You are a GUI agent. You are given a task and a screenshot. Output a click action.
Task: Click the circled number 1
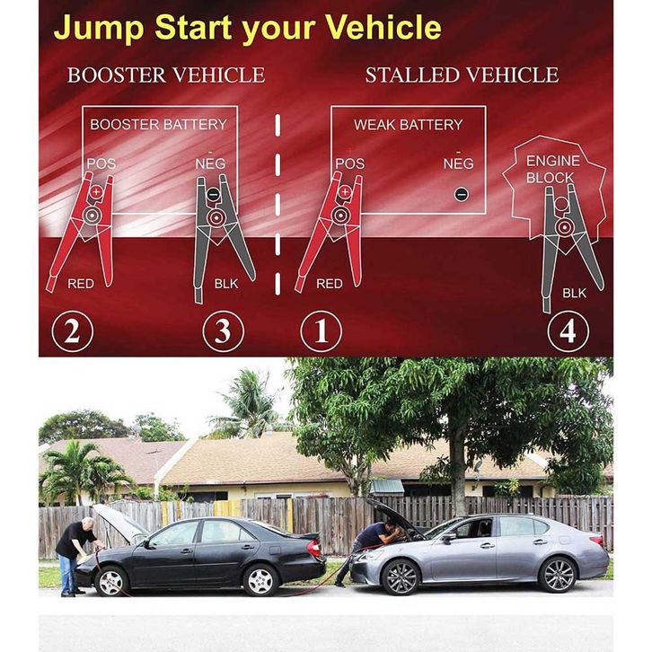[x=321, y=331]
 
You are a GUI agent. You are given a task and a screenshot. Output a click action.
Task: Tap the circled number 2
[x=73, y=331]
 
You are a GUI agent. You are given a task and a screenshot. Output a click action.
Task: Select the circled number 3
[x=224, y=331]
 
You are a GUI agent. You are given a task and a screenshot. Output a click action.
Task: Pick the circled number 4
[x=568, y=331]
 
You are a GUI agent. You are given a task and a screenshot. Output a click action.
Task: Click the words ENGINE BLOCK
[x=552, y=169]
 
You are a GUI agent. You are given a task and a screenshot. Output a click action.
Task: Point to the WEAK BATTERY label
[x=408, y=124]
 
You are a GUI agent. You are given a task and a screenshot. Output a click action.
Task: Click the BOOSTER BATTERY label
[x=158, y=124]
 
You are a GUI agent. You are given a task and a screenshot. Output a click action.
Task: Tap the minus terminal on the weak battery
[x=461, y=194]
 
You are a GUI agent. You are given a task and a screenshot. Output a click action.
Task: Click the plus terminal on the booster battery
[x=96, y=191]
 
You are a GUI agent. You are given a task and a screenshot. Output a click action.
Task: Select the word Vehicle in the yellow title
[x=383, y=28]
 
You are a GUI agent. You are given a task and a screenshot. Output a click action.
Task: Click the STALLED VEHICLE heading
[x=462, y=75]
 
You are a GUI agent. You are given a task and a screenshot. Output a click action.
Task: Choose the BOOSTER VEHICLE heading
[x=166, y=75]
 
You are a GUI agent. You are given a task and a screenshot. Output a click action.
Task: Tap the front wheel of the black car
[x=112, y=581]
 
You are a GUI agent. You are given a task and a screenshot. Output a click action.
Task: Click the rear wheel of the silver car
[x=558, y=574]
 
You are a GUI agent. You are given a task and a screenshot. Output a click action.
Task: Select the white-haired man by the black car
[x=75, y=555]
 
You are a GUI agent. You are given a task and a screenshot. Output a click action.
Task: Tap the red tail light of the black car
[x=314, y=547]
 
